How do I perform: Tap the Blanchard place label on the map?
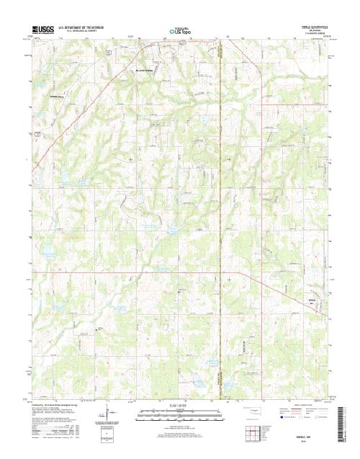click(147, 71)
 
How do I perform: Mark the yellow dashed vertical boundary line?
click(222, 216)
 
